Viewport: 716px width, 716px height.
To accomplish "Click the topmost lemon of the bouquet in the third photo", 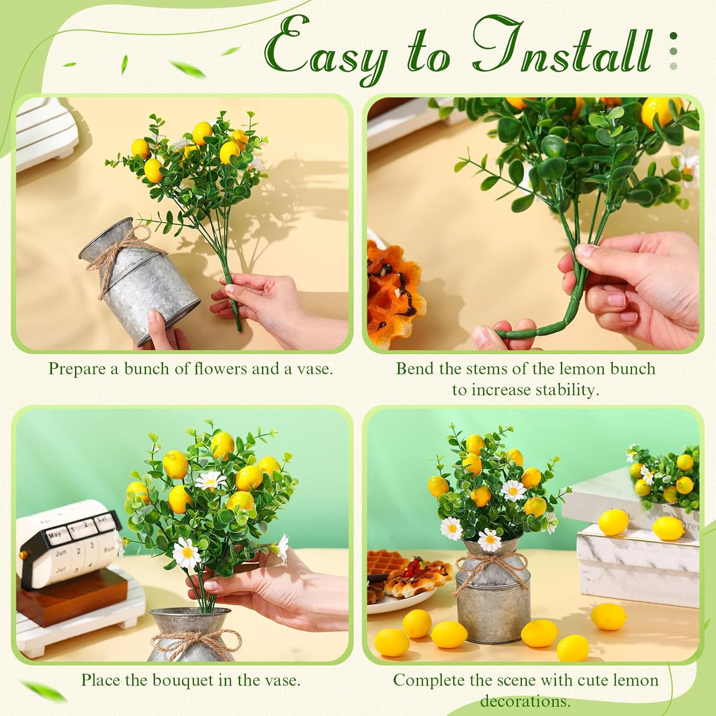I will [x=222, y=442].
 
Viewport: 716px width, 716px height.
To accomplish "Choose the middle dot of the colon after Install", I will [x=673, y=51].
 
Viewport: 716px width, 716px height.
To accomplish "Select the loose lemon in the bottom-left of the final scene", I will [x=391, y=642].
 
